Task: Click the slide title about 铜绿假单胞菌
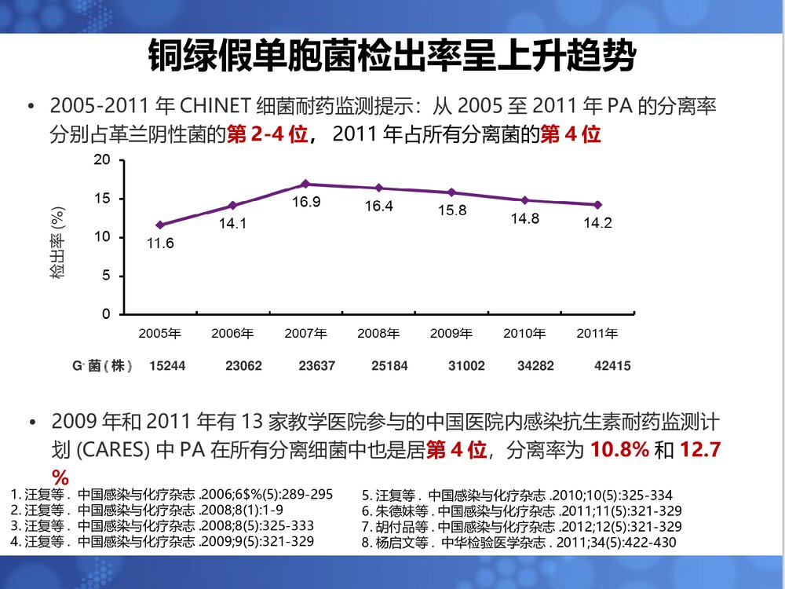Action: (x=392, y=57)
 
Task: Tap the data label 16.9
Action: (x=305, y=203)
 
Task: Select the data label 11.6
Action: (x=160, y=243)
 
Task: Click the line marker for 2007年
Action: (x=305, y=184)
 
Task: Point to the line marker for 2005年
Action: (x=160, y=225)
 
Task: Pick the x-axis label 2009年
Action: (x=451, y=334)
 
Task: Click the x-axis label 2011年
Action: (x=597, y=334)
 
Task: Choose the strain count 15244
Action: (x=167, y=366)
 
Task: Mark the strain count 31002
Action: (x=466, y=366)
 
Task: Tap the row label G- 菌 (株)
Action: (x=101, y=366)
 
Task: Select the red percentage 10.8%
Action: (x=619, y=451)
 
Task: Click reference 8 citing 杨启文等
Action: (x=518, y=542)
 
